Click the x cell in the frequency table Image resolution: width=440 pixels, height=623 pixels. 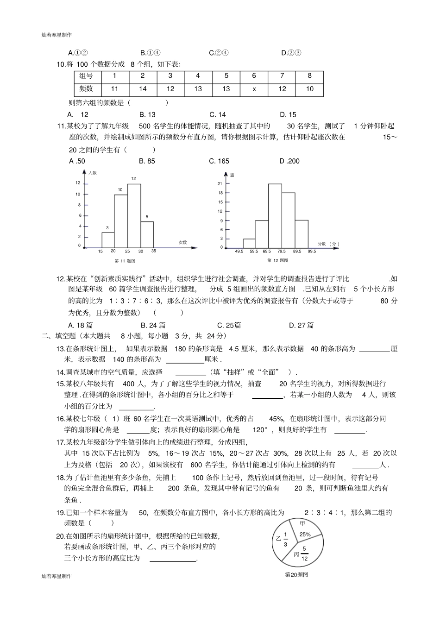(254, 89)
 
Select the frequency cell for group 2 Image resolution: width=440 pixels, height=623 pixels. (143, 89)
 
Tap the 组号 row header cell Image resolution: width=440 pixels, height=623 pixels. (86, 76)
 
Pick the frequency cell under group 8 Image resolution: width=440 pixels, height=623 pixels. (310, 89)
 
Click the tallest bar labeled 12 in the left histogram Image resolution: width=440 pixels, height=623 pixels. (134, 215)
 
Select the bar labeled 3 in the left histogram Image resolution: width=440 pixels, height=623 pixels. (108, 240)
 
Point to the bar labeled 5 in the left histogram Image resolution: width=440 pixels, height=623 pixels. (147, 234)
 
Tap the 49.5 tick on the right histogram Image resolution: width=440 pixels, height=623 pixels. (239, 251)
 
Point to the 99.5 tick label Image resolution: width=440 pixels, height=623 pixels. (311, 251)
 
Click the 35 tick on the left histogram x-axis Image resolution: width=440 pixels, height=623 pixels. (154, 251)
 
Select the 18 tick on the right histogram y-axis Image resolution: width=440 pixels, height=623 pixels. (220, 193)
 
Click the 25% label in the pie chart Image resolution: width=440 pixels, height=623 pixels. (305, 534)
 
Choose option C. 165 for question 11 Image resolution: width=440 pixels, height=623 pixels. (219, 161)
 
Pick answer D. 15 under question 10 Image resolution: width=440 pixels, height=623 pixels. (288, 115)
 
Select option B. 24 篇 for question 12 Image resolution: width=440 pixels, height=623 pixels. (153, 325)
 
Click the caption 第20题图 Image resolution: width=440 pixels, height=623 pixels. (296, 575)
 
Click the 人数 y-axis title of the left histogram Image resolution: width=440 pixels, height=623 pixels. (93, 173)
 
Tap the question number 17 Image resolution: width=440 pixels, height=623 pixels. (60, 441)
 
